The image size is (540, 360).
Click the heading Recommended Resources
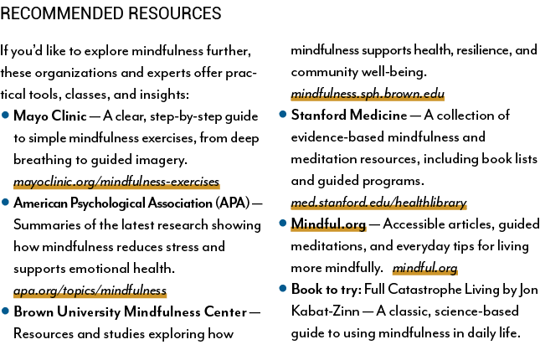click(x=111, y=13)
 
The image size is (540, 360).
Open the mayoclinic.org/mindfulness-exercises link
click(x=116, y=181)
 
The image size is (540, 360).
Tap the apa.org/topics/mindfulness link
click(x=90, y=291)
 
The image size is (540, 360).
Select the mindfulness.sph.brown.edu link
click(x=368, y=94)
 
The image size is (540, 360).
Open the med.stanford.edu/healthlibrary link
click(x=378, y=203)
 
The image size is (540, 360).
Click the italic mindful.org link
click(x=425, y=268)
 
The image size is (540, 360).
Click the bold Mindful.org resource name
click(x=328, y=224)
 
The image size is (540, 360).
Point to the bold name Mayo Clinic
click(x=50, y=116)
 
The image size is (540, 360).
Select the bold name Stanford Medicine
click(x=349, y=115)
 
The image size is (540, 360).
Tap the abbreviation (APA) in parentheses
click(x=233, y=203)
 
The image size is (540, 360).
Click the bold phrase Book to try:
click(x=327, y=290)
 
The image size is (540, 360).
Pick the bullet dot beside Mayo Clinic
click(x=5, y=115)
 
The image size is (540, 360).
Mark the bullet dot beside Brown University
click(x=5, y=311)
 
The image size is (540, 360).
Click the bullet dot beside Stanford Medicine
click(x=283, y=114)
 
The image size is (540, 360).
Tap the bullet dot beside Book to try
click(x=283, y=288)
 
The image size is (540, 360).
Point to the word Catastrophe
click(x=424, y=290)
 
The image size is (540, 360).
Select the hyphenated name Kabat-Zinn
click(x=325, y=311)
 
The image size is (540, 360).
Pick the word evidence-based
click(x=337, y=137)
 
